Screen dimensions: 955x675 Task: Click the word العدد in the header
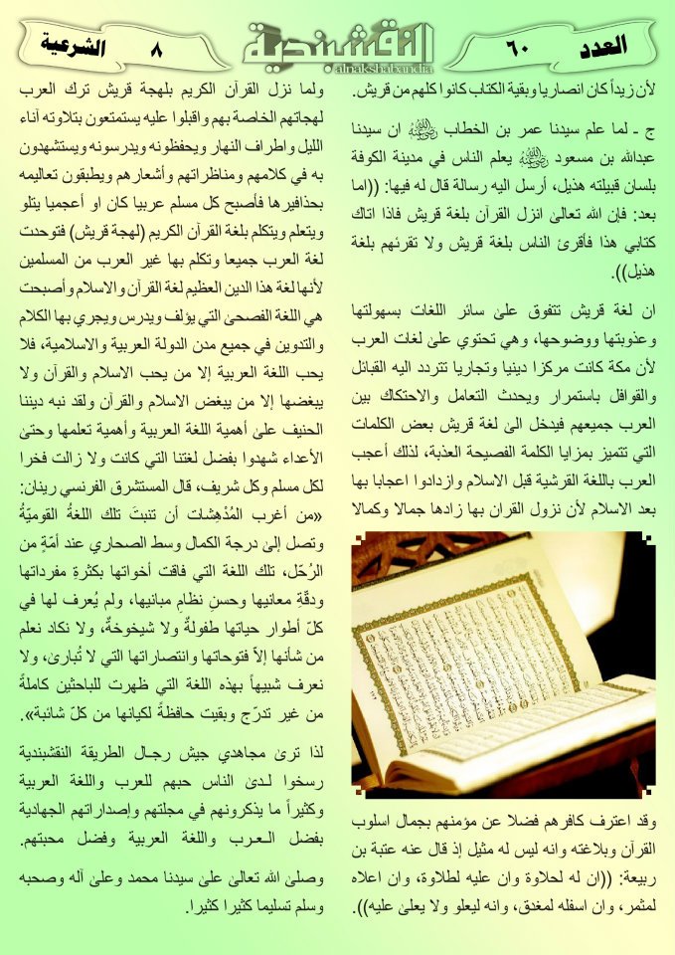point(601,44)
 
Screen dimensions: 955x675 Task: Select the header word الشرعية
point(74,44)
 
